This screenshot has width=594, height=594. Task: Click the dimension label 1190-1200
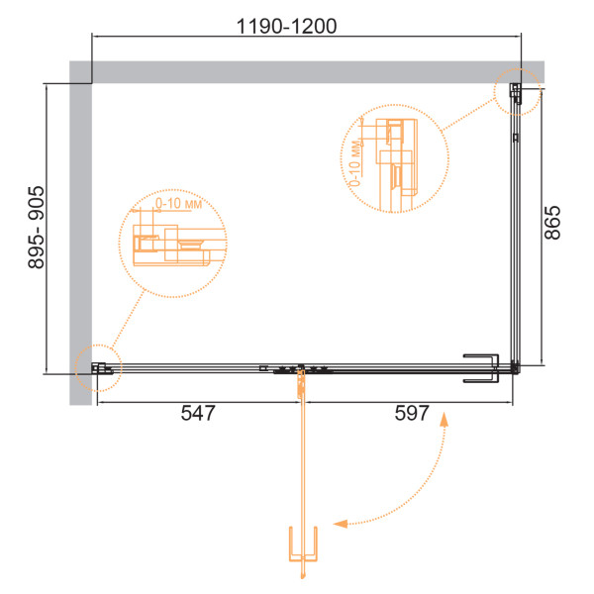point(286,27)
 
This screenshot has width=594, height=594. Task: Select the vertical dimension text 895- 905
point(37,228)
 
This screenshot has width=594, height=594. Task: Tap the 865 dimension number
point(552,223)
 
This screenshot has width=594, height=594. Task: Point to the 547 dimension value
point(198,413)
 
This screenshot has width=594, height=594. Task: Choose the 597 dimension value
point(412,413)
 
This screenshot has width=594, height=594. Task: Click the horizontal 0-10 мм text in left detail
point(179,203)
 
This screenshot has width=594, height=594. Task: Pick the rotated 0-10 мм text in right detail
point(354,163)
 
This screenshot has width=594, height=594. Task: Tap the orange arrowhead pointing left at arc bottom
point(340,524)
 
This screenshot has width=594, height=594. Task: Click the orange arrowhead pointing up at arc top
point(444,420)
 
